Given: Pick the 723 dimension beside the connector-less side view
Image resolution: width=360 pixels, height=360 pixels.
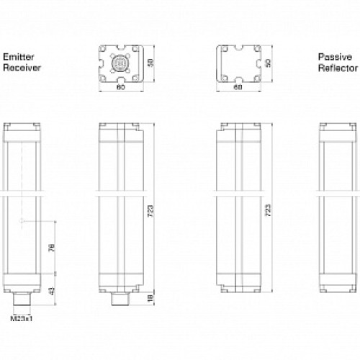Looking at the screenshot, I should pos(268,208).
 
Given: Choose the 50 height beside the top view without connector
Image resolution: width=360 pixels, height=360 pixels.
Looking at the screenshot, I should pos(268,63).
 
